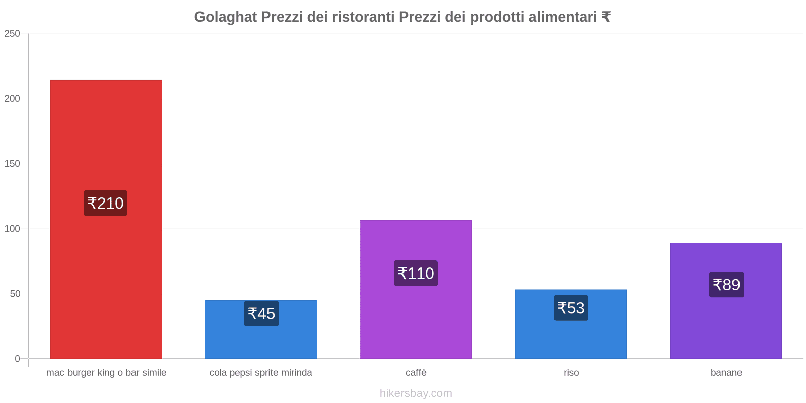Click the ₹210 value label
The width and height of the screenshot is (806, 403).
coord(105,203)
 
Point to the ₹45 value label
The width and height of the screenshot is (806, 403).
coord(261,313)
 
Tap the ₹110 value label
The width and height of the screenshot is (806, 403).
coord(416,273)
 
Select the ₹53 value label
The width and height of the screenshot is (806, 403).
coord(571,308)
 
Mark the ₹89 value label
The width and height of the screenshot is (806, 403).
coord(726,285)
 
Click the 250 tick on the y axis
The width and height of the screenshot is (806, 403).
coord(12,34)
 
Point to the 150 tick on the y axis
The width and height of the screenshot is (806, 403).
coord(12,164)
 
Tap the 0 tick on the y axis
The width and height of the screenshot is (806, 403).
coord(17,359)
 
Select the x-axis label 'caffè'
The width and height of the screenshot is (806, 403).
coord(416,373)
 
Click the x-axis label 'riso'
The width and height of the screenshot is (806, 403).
coord(571,373)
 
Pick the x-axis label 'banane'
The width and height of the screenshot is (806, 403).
coord(726,373)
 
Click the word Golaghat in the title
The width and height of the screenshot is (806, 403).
coord(226,17)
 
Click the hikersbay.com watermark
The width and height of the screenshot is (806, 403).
coord(416,393)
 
